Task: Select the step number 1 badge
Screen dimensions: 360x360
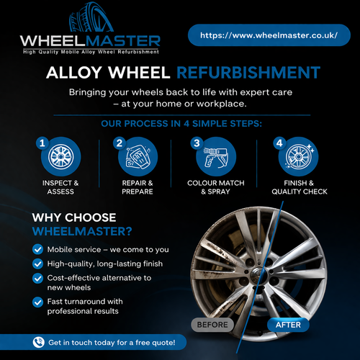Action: coord(42,143)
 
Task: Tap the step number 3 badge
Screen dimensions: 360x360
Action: coord(196,143)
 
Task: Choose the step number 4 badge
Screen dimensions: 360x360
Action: coord(279,143)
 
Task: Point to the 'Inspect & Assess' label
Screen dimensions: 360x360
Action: coord(59,187)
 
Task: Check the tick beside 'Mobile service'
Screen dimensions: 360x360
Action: coord(37,249)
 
